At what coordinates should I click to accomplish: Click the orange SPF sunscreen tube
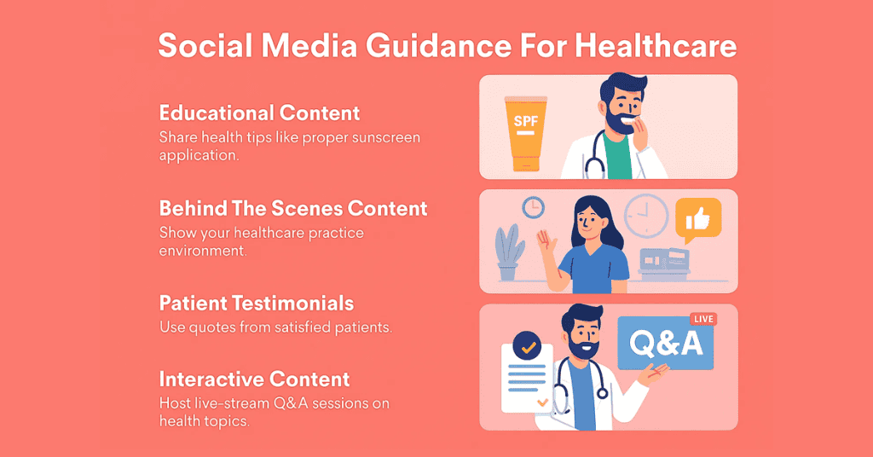[525, 133]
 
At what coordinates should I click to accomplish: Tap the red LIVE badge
[703, 319]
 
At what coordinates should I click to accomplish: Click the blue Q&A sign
[665, 343]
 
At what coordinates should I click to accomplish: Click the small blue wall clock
[533, 207]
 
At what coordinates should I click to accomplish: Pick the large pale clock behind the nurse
[646, 216]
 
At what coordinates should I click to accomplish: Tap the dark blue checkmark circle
[527, 345]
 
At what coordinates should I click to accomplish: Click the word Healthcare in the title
[656, 46]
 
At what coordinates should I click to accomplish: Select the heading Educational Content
[259, 113]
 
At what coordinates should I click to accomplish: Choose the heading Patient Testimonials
[256, 304]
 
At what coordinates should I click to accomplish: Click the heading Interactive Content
[254, 379]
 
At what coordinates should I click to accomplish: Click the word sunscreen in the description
[386, 137]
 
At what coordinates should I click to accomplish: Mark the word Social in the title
[205, 46]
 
